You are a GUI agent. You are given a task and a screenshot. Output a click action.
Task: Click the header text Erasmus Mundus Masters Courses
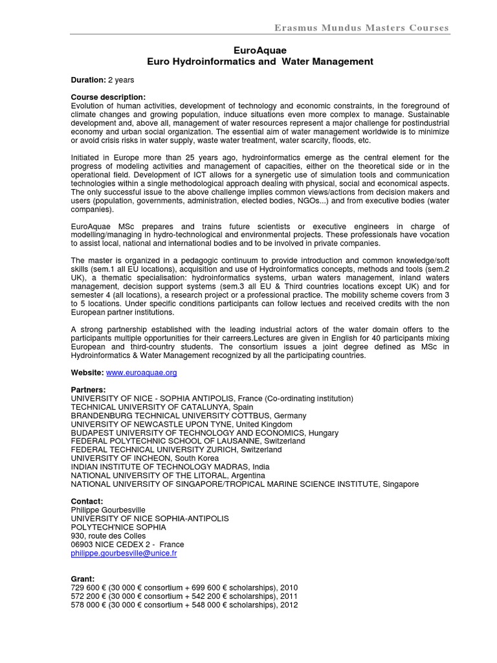coord(361,28)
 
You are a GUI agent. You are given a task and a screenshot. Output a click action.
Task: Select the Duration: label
coord(88,80)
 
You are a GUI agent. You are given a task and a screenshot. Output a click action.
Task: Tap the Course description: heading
coord(108,97)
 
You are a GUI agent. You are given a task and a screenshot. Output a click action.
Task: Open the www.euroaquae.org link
coord(141,373)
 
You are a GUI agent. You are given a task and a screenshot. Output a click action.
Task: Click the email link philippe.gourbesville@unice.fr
coord(124,554)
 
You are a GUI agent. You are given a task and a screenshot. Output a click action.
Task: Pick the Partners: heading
coord(88,390)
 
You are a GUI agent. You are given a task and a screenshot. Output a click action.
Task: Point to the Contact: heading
coord(87,501)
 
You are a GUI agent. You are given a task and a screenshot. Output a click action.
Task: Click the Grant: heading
coord(83,578)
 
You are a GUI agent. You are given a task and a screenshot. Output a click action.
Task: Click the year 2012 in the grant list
coord(288,605)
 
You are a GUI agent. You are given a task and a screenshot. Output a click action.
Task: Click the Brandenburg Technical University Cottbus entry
coord(188,416)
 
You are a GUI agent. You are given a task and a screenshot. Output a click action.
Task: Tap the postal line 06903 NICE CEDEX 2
coord(127,545)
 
